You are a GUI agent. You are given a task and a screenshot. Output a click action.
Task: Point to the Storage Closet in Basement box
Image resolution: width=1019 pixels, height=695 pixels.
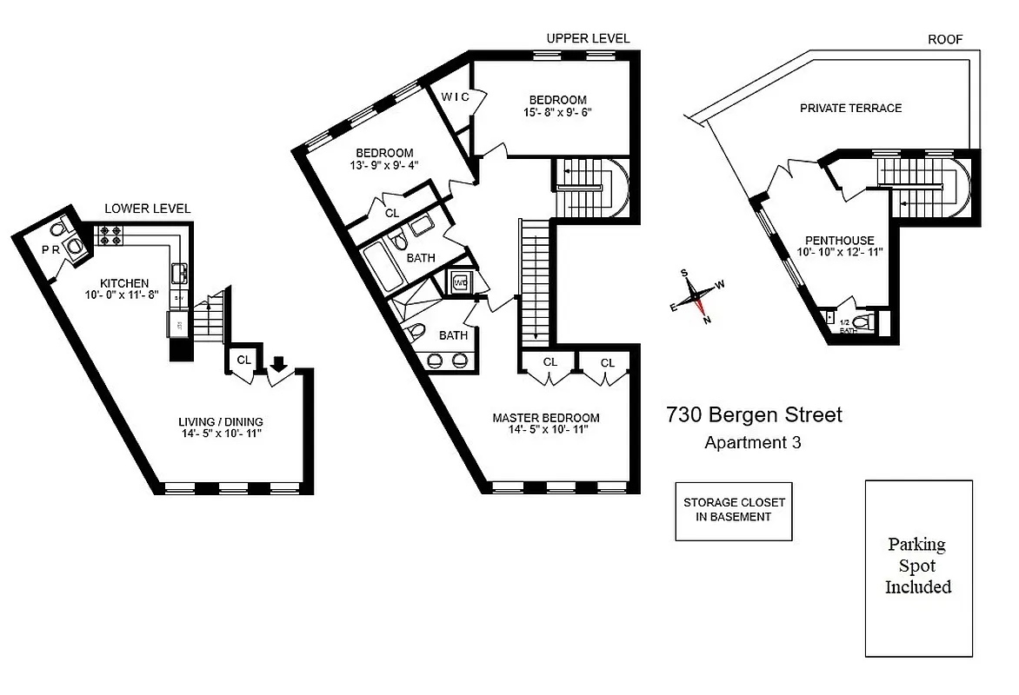(734, 510)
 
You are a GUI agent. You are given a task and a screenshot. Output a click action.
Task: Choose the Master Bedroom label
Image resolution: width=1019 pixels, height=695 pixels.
(546, 418)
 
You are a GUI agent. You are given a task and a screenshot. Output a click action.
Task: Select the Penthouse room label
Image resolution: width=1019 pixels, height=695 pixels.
(839, 241)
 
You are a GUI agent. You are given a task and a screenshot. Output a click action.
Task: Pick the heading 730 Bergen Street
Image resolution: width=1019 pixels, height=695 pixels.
(754, 415)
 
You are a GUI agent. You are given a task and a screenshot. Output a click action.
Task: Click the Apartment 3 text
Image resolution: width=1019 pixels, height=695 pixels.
(752, 443)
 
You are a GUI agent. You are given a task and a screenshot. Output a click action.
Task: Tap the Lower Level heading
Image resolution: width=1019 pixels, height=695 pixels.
(147, 209)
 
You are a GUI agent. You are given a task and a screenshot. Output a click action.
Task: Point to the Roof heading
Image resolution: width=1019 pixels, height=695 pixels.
(945, 39)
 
